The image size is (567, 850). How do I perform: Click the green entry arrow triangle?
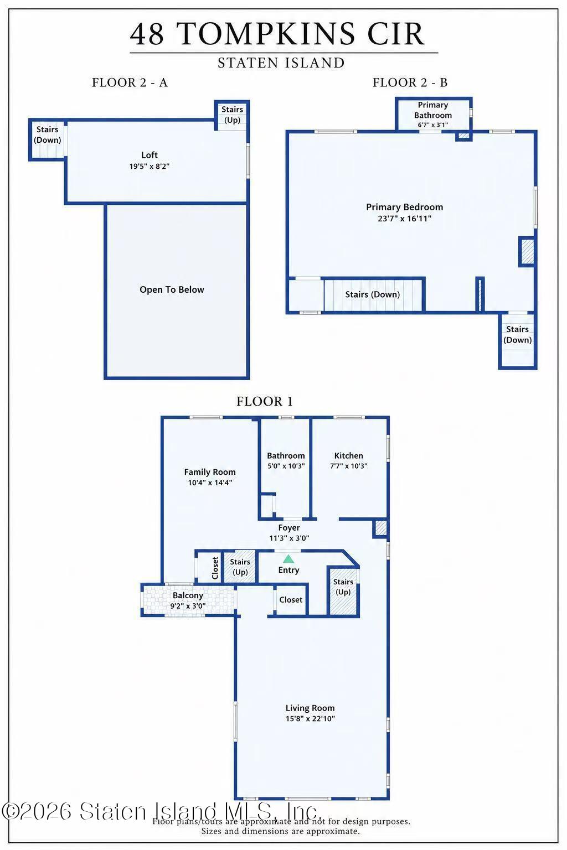tap(288, 558)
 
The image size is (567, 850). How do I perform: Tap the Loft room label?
tap(150, 155)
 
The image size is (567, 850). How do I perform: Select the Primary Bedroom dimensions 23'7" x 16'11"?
tap(404, 218)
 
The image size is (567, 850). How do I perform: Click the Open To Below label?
tap(172, 289)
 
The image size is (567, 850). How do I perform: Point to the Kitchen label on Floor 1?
tap(349, 455)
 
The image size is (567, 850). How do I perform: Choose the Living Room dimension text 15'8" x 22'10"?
tap(310, 718)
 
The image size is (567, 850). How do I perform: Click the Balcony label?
tap(188, 595)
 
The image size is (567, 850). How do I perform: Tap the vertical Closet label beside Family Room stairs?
tap(215, 568)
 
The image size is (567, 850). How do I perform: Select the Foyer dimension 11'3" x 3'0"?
tap(289, 538)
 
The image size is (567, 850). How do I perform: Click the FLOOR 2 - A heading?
tap(130, 82)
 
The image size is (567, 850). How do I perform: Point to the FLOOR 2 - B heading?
tap(410, 82)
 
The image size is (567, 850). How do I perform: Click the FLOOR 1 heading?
tap(264, 401)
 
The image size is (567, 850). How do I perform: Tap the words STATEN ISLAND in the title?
tap(281, 63)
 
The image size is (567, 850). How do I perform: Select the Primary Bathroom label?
tap(433, 110)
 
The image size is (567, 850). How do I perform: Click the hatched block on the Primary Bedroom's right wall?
tap(527, 252)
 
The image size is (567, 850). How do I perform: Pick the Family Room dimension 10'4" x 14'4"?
tap(210, 483)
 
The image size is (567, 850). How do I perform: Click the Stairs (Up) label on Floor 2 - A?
tap(232, 114)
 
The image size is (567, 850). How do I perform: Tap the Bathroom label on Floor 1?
tap(286, 455)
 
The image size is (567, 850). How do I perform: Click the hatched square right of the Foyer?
tap(380, 528)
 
